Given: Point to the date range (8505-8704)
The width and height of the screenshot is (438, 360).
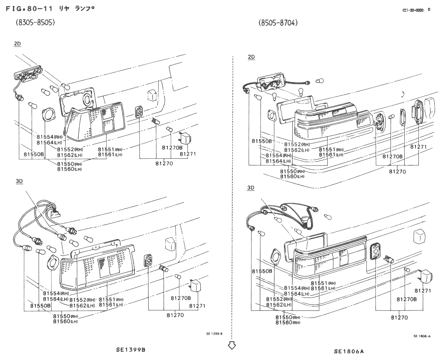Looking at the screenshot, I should pos(278,22).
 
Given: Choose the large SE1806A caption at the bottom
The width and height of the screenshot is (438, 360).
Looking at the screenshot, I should pos(349,351).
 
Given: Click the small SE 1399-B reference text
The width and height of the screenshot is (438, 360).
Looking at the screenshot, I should pos(214,333).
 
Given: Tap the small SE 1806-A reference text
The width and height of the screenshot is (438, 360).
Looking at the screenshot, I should pos(421,336).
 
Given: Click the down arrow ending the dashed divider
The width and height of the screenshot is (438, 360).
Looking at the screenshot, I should pos(232,345).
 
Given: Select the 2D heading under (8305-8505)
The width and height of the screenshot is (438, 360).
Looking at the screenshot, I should pos(17,43).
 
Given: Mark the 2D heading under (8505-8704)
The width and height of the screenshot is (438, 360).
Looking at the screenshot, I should pos(251,57).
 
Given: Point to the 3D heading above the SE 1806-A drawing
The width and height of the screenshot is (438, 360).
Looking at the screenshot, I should pos(251,188).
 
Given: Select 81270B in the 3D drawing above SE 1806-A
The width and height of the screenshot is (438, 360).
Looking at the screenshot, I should pos(406,299).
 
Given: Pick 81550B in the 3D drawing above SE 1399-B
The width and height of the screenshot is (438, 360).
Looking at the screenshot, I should pos(40,306).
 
